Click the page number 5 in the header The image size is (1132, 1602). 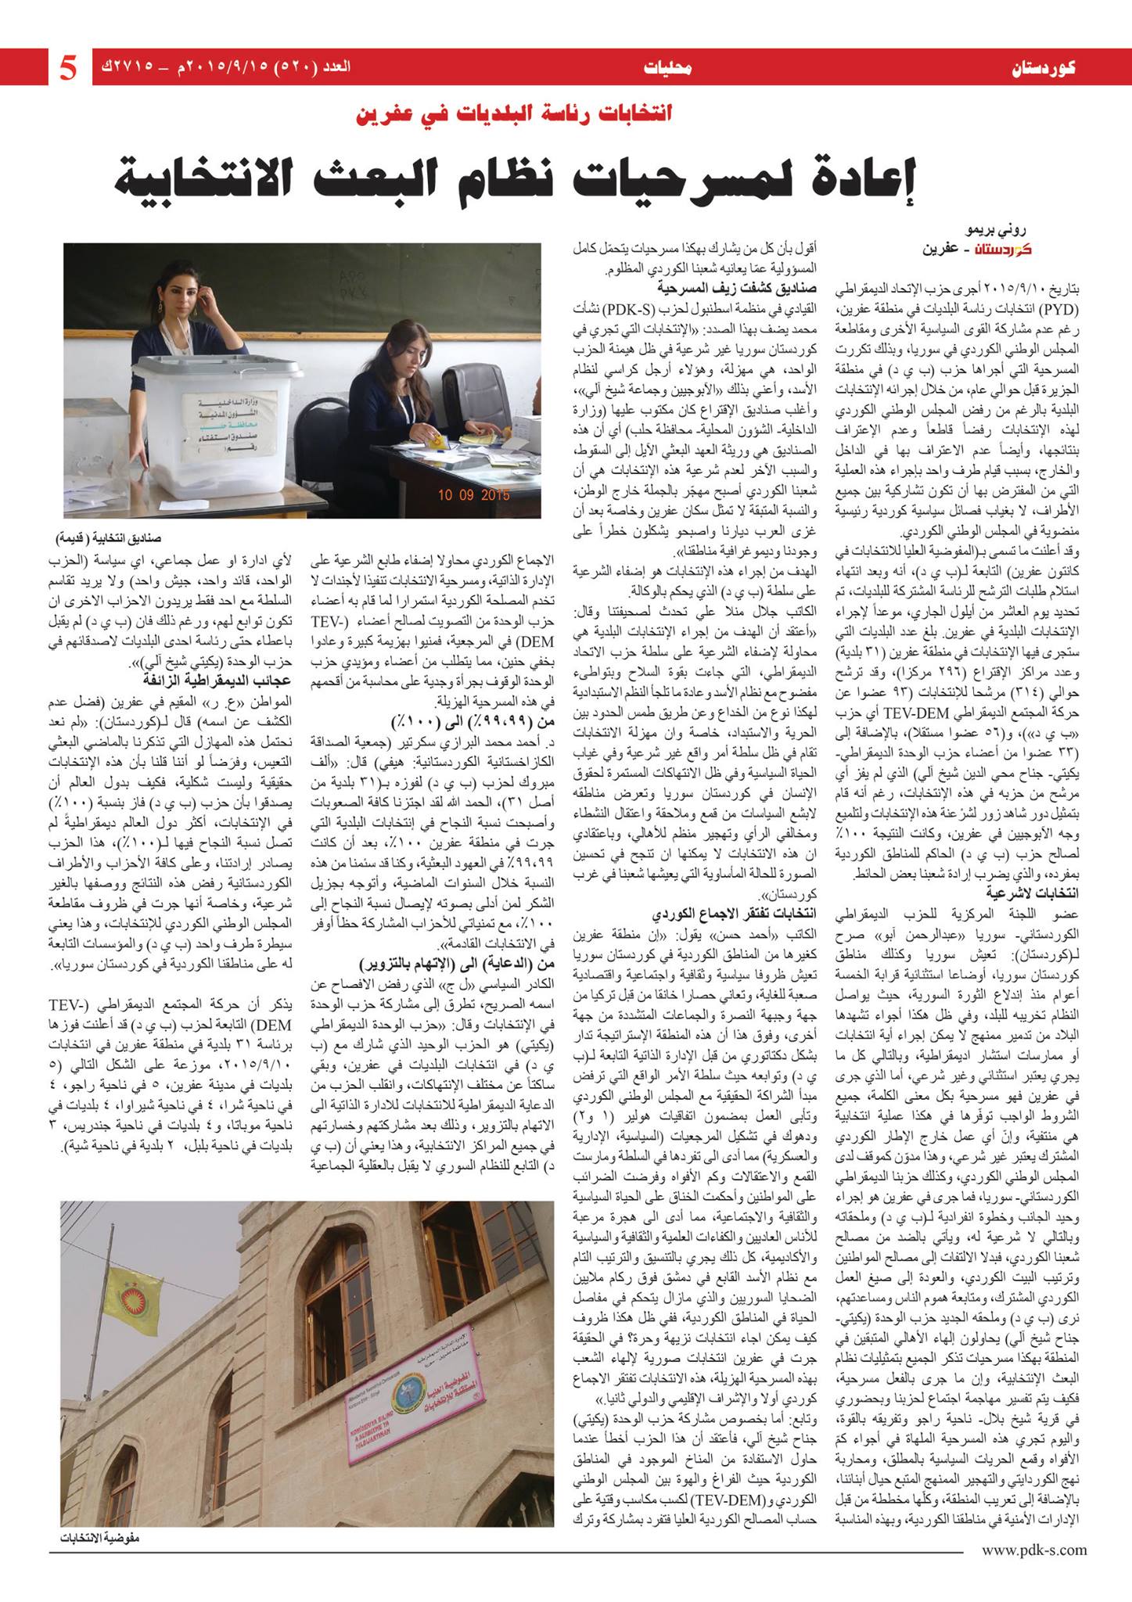pos(69,68)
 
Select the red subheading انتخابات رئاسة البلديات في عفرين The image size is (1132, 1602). pos(513,113)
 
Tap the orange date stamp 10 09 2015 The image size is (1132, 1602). pos(473,494)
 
